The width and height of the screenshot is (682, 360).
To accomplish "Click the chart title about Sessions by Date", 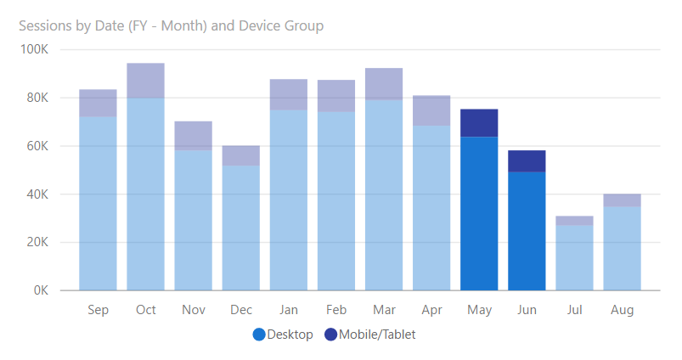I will click(171, 25).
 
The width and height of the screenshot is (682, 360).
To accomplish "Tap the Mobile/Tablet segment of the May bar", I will click(479, 123).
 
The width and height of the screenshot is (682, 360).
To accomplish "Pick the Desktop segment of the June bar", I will click(527, 231).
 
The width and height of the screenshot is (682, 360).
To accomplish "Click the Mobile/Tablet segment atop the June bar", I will click(527, 161).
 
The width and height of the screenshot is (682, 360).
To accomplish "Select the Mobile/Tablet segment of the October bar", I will click(145, 81).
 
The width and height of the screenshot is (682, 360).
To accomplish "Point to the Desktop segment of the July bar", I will click(574, 257).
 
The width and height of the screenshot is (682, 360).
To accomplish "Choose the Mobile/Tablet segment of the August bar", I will click(622, 200).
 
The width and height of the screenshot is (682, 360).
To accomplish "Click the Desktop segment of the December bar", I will click(240, 228).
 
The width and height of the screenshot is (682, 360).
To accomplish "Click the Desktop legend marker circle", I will click(259, 335).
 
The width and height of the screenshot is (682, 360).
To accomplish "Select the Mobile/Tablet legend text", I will click(377, 335).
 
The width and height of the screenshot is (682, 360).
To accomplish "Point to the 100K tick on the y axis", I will click(37, 49).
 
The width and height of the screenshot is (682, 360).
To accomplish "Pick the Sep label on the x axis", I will click(98, 310).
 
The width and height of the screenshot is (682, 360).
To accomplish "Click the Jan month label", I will click(288, 310).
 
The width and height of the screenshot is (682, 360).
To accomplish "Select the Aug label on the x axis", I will click(622, 310).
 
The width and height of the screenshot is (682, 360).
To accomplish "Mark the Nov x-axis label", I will click(193, 310).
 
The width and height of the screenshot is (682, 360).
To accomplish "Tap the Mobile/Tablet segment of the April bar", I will click(431, 110).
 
